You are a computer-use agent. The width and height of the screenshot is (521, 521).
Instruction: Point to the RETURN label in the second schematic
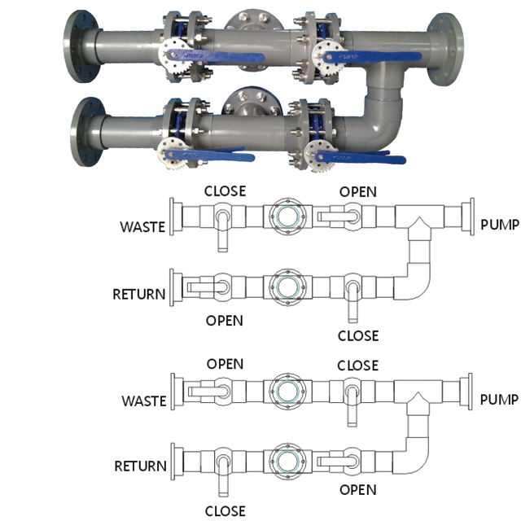[x=140, y=466]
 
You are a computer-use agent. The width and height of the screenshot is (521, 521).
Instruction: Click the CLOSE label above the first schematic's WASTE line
[x=225, y=192]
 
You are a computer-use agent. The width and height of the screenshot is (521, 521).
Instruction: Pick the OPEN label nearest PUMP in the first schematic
[x=357, y=192]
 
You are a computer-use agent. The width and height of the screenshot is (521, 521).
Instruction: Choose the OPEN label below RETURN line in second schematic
[x=357, y=489]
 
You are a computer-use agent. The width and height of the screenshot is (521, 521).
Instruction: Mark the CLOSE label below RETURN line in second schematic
[x=225, y=510]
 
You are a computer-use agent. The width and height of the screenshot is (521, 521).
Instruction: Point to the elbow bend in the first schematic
[x=416, y=285]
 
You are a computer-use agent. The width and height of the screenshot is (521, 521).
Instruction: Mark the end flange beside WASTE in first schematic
[x=172, y=217]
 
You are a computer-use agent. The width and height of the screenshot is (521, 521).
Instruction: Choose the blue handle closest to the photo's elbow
[x=358, y=155]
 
